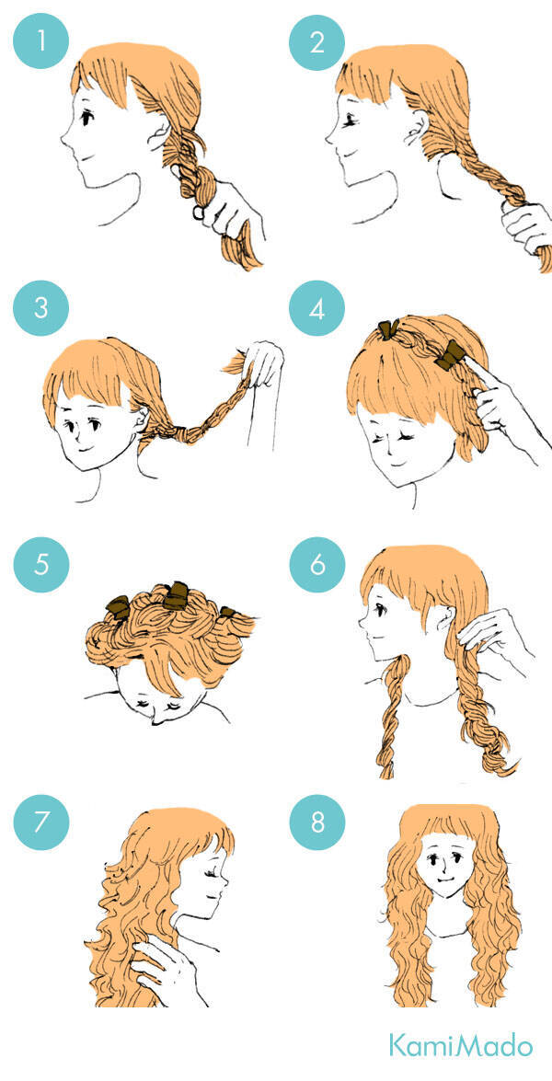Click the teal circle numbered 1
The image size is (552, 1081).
pyautogui.click(x=41, y=40)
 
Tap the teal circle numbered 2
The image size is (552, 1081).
pyautogui.click(x=316, y=40)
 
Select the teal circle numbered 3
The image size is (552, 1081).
pyautogui.click(x=41, y=307)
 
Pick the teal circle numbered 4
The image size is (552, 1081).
pyautogui.click(x=316, y=307)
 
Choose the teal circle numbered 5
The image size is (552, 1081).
pyautogui.click(x=41, y=565)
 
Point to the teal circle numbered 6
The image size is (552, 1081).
pyautogui.click(x=316, y=565)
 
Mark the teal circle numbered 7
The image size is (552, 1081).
pyautogui.click(x=41, y=822)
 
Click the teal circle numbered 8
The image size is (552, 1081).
pyautogui.click(x=316, y=822)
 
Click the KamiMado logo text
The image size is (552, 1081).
pyautogui.click(x=460, y=1045)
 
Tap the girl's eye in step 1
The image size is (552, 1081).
pyautogui.click(x=86, y=118)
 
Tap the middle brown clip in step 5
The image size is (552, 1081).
pyautogui.click(x=176, y=595)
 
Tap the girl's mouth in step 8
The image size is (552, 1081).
pyautogui.click(x=444, y=880)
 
